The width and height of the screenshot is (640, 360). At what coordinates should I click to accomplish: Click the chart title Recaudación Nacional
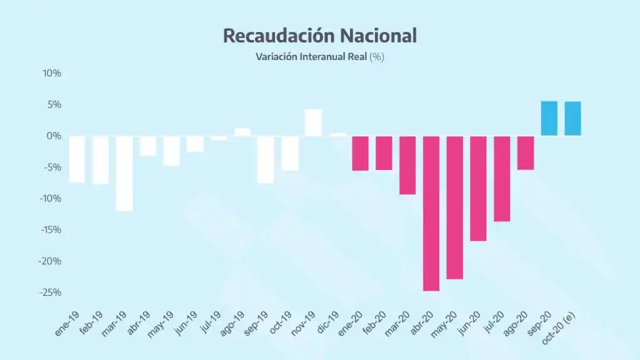point(319,36)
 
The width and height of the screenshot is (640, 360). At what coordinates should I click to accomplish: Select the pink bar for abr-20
point(431,213)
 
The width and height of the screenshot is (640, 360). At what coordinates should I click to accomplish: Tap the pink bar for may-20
point(454,207)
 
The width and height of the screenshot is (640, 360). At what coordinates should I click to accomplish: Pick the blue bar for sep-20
point(549,119)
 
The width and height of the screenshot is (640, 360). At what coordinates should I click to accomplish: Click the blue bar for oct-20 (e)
point(572,119)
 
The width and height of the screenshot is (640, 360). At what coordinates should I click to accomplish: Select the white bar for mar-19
point(124,173)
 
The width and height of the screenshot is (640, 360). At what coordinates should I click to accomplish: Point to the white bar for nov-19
point(313,122)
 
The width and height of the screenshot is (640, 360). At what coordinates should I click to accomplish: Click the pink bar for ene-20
point(360,153)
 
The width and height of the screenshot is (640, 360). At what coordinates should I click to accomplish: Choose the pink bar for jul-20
point(502,178)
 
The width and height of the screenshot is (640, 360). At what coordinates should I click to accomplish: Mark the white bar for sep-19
point(266,159)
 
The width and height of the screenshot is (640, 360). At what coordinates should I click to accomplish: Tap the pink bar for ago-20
point(526,152)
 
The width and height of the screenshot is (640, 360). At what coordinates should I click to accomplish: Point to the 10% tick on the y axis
point(52,73)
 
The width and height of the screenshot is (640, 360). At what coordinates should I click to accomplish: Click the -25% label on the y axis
point(50,292)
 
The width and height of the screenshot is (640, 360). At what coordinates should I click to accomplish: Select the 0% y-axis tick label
point(54,136)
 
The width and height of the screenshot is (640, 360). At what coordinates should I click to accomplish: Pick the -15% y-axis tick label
point(50,230)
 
